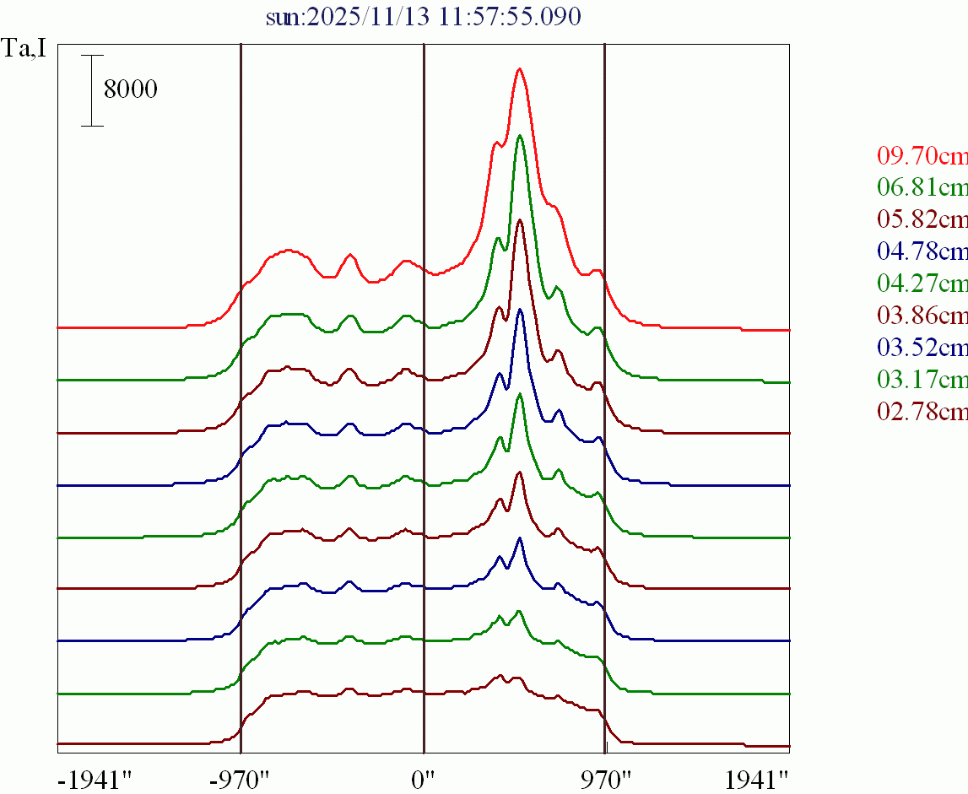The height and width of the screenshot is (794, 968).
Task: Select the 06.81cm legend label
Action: click(922, 187)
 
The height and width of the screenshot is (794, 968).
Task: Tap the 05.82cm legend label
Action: click(922, 219)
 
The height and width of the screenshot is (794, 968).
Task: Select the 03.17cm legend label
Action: click(922, 380)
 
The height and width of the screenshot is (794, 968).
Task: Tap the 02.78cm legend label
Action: click(922, 412)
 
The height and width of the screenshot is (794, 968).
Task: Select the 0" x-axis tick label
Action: click(423, 778)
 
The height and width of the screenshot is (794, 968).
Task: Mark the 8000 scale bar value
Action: click(130, 89)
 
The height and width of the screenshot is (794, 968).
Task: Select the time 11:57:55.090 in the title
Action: click(510, 17)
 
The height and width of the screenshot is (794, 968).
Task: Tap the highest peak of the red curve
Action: click(520, 69)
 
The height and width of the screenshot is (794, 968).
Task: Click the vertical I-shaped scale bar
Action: click(92, 90)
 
